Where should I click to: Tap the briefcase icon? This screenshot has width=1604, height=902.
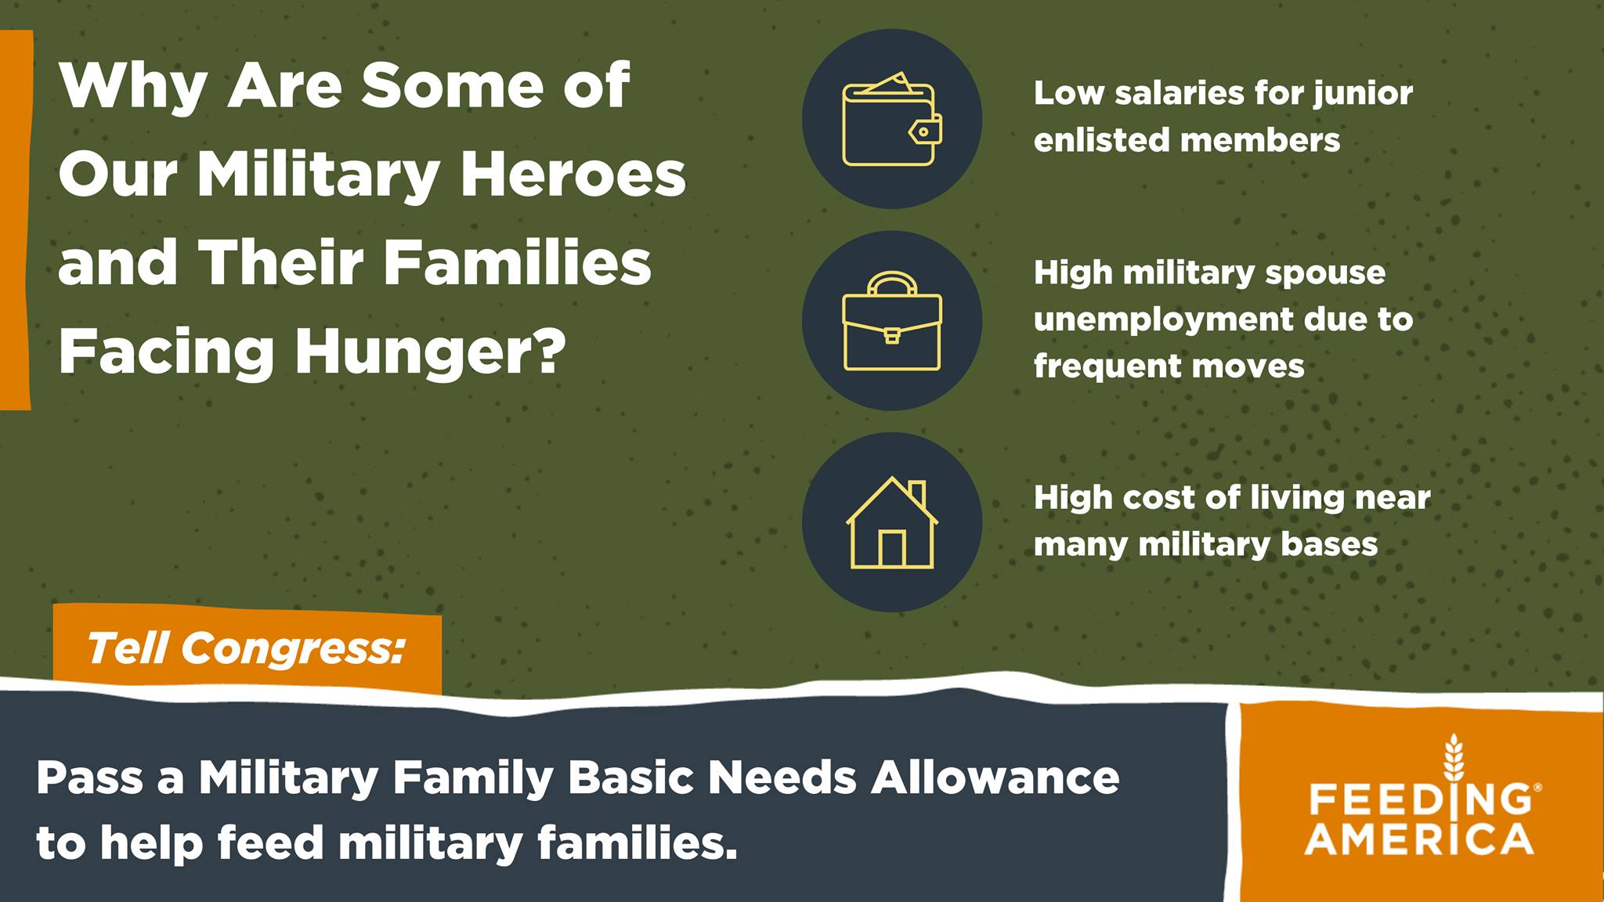click(892, 321)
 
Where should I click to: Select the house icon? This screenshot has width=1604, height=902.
click(892, 522)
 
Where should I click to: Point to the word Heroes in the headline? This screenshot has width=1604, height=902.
click(573, 173)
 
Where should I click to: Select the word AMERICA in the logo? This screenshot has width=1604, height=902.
click(1419, 839)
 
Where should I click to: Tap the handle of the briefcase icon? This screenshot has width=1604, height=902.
click(892, 283)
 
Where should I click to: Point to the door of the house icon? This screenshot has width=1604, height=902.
click(892, 548)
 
